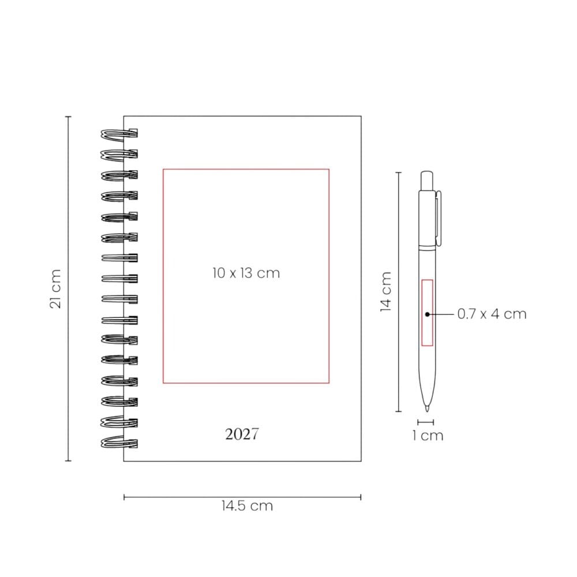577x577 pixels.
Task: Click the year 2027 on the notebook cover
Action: point(242,434)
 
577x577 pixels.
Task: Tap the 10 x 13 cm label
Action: point(246,273)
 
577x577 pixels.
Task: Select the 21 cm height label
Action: point(55,288)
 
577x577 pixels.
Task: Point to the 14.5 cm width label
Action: point(248,506)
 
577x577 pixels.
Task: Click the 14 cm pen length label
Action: point(385,292)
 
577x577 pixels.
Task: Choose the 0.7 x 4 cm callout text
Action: point(492,314)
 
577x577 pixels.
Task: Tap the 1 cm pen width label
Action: point(428,436)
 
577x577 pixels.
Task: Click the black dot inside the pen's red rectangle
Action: point(427,314)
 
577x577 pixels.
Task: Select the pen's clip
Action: point(439,218)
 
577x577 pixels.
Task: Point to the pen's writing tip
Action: point(427,409)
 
